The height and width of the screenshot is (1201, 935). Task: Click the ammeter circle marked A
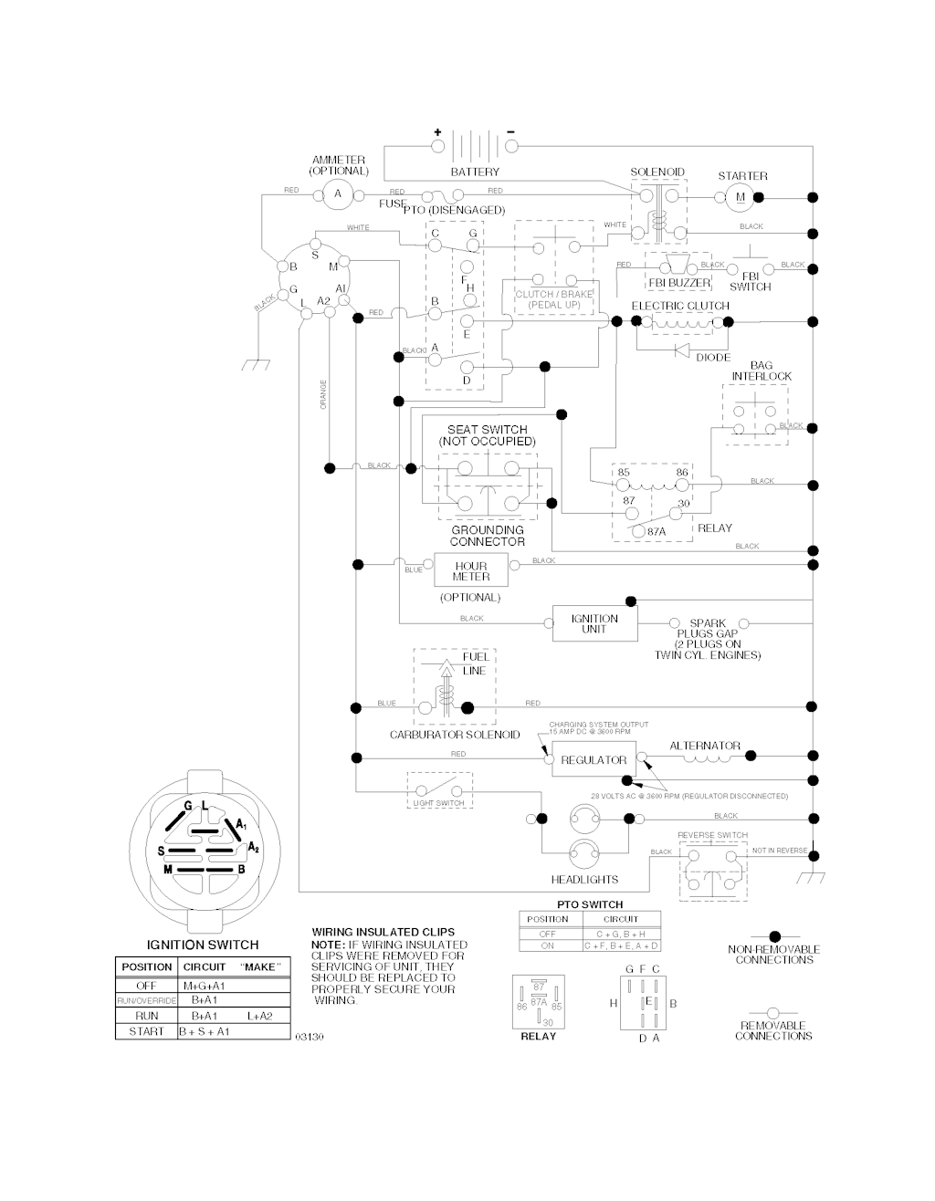337,193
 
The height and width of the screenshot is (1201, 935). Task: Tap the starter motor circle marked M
740,197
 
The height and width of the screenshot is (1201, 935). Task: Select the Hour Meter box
471,571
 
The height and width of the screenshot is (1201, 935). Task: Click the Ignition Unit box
594,623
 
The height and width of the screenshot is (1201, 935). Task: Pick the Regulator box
594,759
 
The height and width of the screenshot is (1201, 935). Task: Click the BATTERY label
475,172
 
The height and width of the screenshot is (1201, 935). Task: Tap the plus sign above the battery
437,131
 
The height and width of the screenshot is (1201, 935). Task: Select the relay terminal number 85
624,473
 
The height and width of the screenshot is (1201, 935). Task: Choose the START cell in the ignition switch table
146,1031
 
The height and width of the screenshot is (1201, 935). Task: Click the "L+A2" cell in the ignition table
260,1016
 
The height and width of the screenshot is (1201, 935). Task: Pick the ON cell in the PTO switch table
548,946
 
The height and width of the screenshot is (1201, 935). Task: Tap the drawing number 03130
309,1037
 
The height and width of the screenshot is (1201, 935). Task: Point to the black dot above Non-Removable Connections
774,936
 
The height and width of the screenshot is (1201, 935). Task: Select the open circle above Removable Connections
772,1012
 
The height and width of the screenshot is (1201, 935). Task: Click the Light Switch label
438,803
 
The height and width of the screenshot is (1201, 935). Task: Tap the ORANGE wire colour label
324,394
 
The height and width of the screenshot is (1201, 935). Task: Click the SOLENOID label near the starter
657,172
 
